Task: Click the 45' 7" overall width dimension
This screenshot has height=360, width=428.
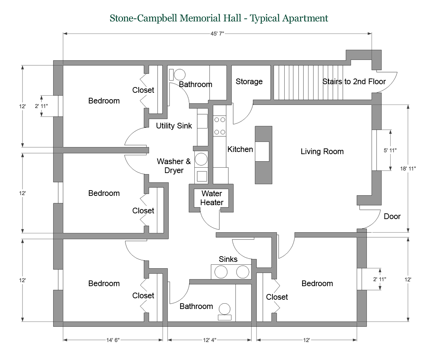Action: click(x=217, y=34)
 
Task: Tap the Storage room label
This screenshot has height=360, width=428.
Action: click(x=249, y=82)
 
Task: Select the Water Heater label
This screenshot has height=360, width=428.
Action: click(x=212, y=198)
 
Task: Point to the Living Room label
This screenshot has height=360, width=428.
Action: click(x=322, y=152)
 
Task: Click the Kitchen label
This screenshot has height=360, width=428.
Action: click(x=240, y=149)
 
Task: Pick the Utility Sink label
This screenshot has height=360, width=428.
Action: click(x=174, y=126)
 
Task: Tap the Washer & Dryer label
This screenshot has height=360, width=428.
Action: click(x=174, y=166)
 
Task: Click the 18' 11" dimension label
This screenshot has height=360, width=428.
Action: click(x=408, y=169)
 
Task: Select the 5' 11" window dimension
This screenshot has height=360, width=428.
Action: click(x=390, y=151)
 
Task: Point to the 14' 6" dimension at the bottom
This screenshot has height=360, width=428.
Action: click(x=113, y=340)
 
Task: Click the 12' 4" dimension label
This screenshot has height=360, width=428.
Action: click(x=210, y=340)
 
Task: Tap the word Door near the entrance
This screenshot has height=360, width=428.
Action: click(x=392, y=216)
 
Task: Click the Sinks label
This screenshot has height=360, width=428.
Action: click(x=228, y=259)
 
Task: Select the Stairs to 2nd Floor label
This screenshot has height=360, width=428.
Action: click(x=354, y=82)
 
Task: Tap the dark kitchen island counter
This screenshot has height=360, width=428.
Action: click(x=263, y=155)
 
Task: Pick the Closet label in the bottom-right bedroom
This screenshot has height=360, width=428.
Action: click(x=277, y=297)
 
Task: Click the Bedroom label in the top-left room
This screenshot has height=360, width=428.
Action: click(x=104, y=101)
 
